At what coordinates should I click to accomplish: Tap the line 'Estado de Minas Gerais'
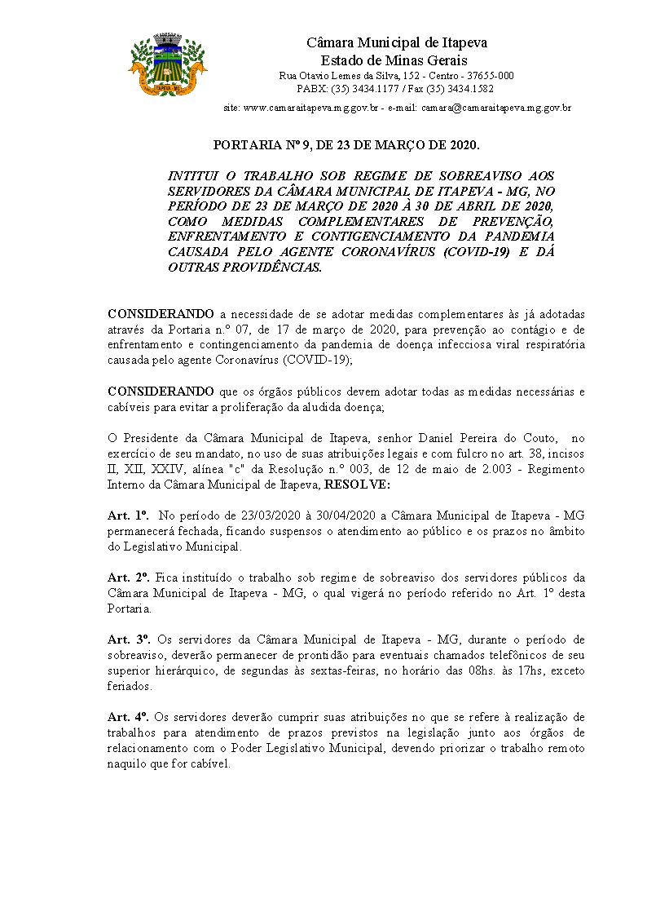[394, 60]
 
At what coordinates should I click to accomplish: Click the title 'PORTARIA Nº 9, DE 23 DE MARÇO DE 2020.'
[346, 146]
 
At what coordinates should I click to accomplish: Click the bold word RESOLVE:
[357, 484]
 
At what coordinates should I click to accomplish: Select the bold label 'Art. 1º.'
[128, 516]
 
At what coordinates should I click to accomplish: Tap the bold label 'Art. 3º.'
[128, 640]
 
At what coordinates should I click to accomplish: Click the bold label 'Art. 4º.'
[128, 717]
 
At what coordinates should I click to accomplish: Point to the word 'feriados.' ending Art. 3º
[130, 686]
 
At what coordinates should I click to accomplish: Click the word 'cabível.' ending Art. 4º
[211, 763]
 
